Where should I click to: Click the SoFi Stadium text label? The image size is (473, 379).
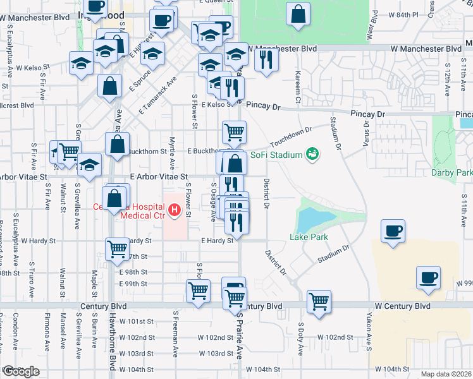(276, 153)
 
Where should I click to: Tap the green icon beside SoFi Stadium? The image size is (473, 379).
(311, 153)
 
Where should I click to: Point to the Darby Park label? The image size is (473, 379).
(452, 172)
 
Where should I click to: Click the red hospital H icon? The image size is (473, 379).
(174, 209)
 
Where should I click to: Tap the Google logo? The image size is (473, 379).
(21, 371)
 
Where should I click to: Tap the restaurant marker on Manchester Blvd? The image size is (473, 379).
(266, 60)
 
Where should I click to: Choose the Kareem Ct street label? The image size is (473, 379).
(297, 88)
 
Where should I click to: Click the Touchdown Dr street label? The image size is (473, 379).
(292, 135)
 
